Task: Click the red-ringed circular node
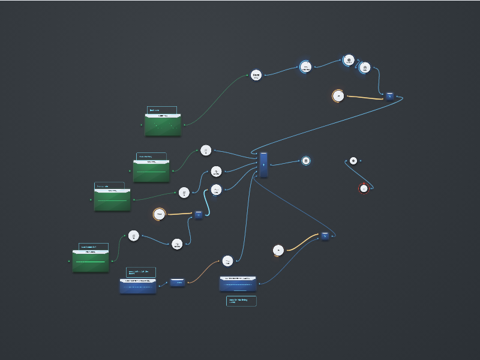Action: pyautogui.click(x=363, y=188)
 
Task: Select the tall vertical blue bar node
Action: pyautogui.click(x=263, y=164)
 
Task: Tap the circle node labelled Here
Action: pyautogui.click(x=256, y=75)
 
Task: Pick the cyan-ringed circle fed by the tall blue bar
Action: pyautogui.click(x=305, y=160)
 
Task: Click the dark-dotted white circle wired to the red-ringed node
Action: pyautogui.click(x=353, y=161)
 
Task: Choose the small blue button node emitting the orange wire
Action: pyautogui.click(x=176, y=282)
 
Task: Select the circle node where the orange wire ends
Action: pyautogui.click(x=227, y=260)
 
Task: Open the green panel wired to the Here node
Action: pyautogui.click(x=163, y=124)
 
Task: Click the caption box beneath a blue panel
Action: pyautogui.click(x=241, y=301)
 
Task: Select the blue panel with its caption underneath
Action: pyautogui.click(x=238, y=284)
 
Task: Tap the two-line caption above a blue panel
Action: pyautogui.click(x=141, y=272)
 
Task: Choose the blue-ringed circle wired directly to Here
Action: pyautogui.click(x=306, y=67)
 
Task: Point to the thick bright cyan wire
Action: pyautogui.click(x=208, y=204)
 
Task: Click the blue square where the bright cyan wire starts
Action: pyautogui.click(x=198, y=214)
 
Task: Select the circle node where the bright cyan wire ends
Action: pyautogui.click(x=217, y=190)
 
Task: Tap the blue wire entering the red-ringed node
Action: pyautogui.click(x=360, y=174)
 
